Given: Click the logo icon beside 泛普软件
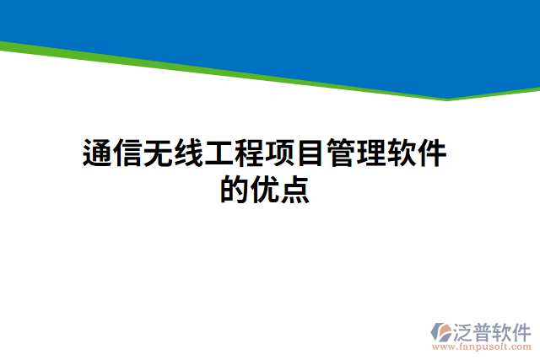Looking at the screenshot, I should (441, 330).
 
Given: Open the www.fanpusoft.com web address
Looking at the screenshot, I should (481, 347).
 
